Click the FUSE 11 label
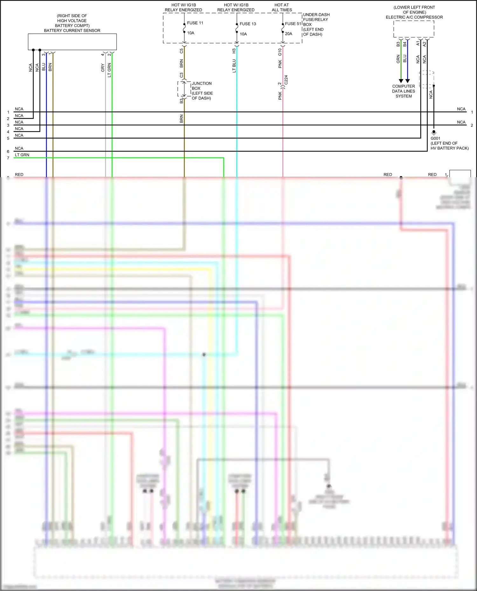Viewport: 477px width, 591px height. coord(195,23)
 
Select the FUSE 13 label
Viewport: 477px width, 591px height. coord(248,24)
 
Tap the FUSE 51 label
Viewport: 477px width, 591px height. coord(293,24)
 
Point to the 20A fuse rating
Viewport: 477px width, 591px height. coord(288,34)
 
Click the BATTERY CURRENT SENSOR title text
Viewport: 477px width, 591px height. coord(72,30)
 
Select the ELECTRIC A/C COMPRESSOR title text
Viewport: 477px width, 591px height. coord(414,17)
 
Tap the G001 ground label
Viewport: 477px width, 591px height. coord(435,138)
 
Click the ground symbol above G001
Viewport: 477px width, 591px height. coord(434,132)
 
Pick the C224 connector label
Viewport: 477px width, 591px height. coord(286,80)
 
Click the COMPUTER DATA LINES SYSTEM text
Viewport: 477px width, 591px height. coord(404,91)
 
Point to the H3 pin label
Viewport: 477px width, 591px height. coord(234,51)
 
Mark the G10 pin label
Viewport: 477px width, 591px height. coord(280,52)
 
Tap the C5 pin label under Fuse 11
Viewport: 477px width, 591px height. coord(181,51)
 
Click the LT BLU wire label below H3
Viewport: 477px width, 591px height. coord(234,66)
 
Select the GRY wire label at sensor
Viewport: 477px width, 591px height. coord(103,68)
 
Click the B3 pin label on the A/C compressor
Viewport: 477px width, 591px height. coord(398,44)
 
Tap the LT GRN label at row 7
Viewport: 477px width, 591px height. coord(22,155)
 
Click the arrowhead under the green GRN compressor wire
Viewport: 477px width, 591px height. coord(401,81)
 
